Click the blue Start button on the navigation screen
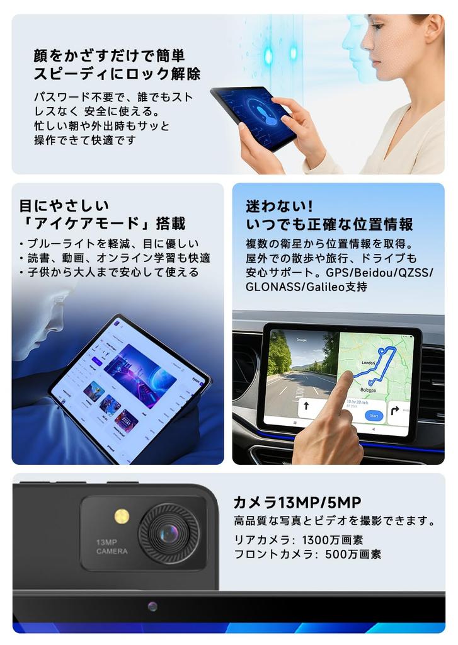pos(374,416)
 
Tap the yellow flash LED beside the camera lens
pos(122,517)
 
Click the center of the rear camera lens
pos(168,534)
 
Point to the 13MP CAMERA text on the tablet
pos(112,547)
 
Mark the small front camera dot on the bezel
pos(152,606)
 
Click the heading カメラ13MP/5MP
pos(297,502)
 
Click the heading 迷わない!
pos(279,207)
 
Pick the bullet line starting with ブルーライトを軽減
pos(108,244)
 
